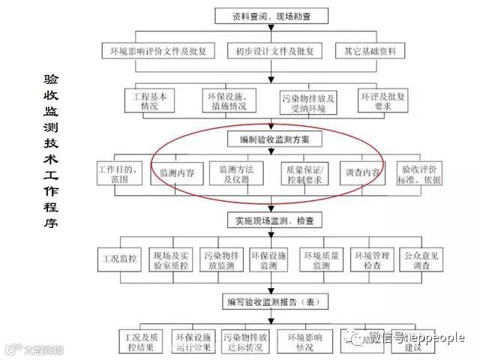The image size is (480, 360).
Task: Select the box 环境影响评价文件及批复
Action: tap(158, 51)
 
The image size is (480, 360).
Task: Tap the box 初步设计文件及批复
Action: tap(274, 51)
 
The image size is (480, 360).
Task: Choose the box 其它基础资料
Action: tap(370, 51)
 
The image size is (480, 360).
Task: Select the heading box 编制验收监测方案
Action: tap(274, 139)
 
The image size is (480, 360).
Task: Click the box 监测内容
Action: tap(177, 172)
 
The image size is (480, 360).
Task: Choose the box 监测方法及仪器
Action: tap(236, 172)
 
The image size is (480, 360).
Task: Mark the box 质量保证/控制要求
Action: tap(302, 172)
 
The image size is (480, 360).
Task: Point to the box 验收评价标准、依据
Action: tap(421, 172)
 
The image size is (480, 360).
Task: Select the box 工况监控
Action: tap(120, 259)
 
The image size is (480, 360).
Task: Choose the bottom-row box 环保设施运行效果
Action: tap(193, 341)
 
